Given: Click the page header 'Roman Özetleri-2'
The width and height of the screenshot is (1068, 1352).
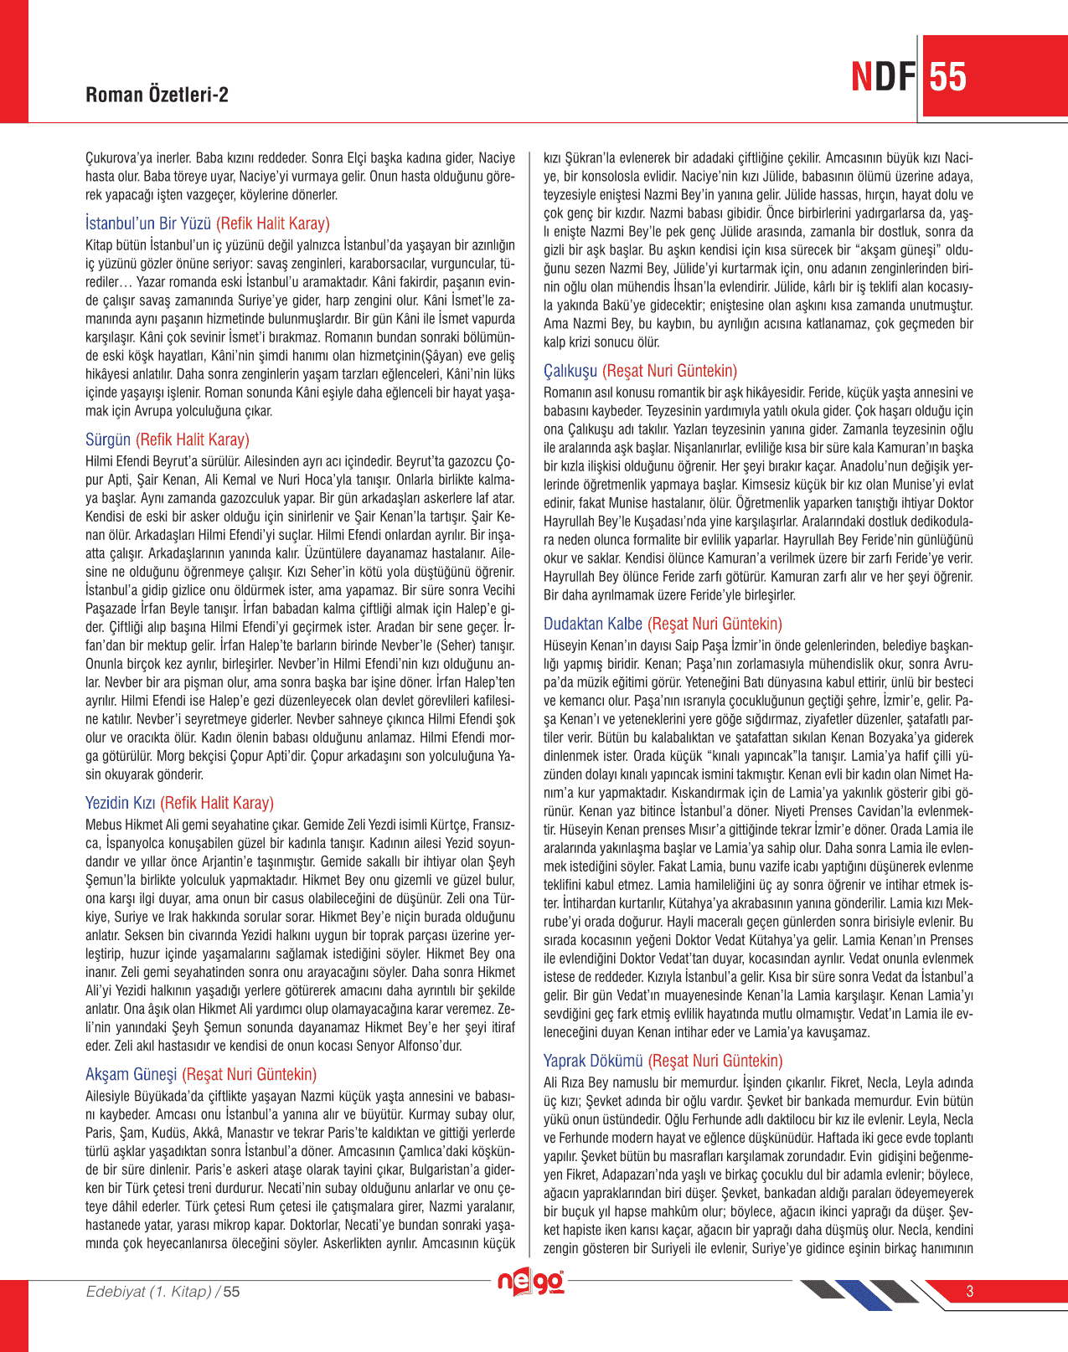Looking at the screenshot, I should tap(157, 95).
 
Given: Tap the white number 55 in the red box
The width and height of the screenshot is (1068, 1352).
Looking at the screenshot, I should tap(947, 77).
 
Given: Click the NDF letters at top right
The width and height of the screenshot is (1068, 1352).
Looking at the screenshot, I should tap(883, 77).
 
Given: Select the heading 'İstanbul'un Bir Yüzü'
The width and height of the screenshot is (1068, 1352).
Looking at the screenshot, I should tap(148, 224).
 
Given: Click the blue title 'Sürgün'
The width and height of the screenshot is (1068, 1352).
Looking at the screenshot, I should tap(108, 440).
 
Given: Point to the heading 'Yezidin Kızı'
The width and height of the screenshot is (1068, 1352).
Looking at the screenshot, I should tap(120, 803).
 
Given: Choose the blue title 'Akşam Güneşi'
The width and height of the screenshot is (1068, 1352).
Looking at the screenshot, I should tap(131, 1074).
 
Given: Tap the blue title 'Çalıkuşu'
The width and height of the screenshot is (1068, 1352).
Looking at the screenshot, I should tap(570, 371).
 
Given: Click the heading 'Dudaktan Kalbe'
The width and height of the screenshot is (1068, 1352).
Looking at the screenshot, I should tap(592, 624).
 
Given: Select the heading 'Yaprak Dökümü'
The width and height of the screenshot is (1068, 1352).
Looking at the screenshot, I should tap(593, 1061).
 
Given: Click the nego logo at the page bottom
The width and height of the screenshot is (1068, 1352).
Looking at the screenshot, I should tap(530, 1283).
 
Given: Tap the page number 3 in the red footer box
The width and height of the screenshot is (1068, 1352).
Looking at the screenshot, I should tap(970, 1291).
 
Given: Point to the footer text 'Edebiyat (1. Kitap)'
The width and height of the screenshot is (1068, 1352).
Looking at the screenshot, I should tap(149, 1291).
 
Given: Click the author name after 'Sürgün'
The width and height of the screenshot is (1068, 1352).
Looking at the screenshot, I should tap(193, 440).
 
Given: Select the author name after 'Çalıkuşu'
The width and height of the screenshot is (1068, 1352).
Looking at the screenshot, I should tap(669, 371).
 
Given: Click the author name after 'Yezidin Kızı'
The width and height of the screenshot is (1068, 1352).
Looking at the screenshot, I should tap(217, 803).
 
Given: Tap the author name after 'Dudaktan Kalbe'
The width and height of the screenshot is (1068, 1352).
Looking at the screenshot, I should tap(715, 624).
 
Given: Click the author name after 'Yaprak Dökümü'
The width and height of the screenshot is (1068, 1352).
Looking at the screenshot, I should tap(715, 1061).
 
